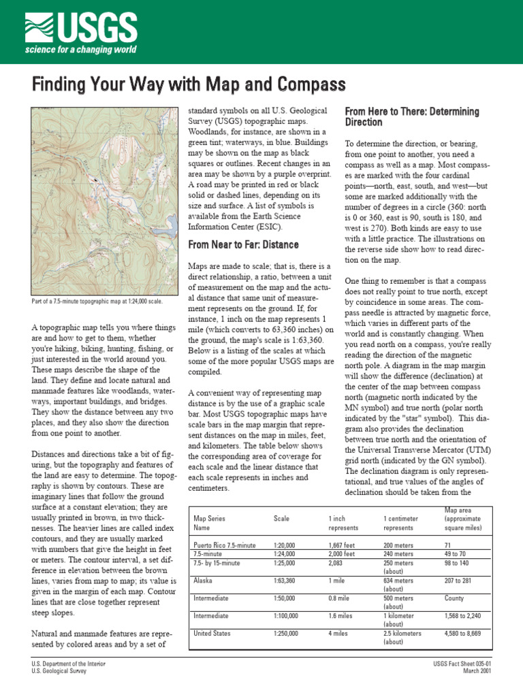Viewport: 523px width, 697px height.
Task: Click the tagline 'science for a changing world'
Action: click(81, 50)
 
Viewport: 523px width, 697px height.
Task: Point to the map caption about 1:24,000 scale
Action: click(97, 301)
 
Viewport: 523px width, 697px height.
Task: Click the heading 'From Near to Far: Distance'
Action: click(243, 244)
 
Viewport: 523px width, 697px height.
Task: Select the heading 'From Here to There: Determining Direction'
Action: click(412, 116)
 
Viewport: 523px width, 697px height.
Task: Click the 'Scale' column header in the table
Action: click(281, 518)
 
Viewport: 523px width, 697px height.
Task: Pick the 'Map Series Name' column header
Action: click(210, 522)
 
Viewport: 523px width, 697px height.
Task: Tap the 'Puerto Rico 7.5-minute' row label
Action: click(224, 545)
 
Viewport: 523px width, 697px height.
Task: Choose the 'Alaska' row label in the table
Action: click(203, 581)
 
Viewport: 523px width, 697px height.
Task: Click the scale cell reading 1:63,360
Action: click(285, 581)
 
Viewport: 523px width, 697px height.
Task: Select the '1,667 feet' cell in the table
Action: click(342, 545)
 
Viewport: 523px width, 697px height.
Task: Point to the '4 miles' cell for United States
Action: click(339, 633)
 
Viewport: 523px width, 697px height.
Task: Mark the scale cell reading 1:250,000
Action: click(287, 633)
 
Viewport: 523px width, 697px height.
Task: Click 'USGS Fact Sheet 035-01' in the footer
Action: click(461, 663)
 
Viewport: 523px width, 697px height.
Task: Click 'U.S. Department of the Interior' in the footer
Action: click(69, 663)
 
